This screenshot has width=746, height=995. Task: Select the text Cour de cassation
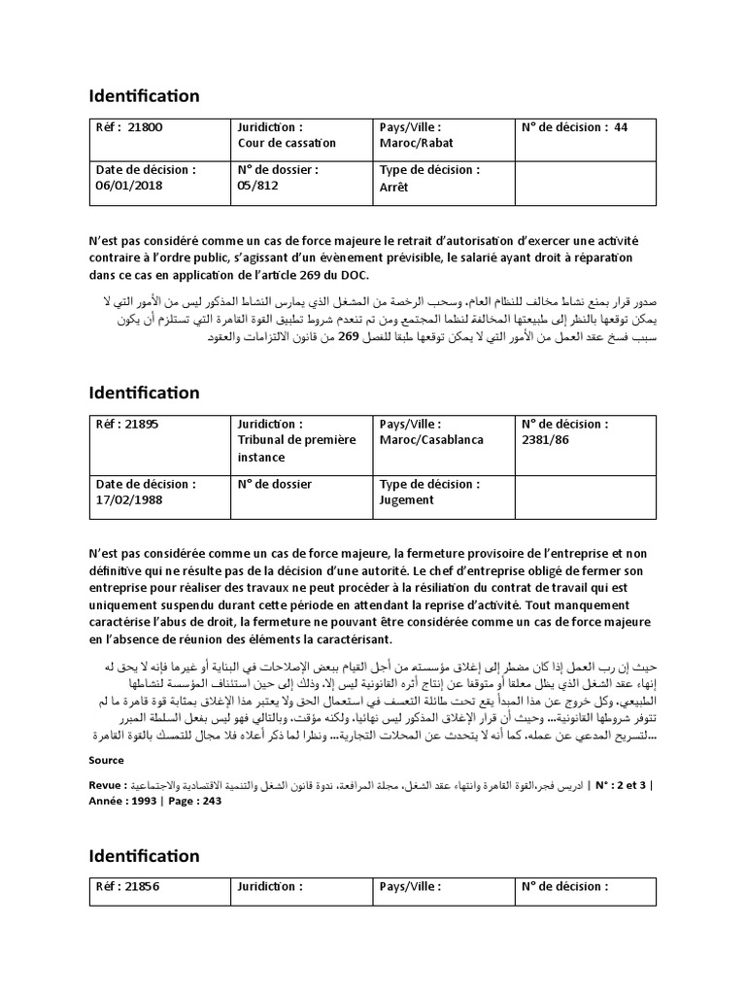coord(287,143)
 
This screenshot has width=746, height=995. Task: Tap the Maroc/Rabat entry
coord(416,143)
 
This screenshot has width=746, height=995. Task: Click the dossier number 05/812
coord(256,187)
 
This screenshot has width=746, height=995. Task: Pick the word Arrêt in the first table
coord(394,187)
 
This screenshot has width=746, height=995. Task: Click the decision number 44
coord(622,126)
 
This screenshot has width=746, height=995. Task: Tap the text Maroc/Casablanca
coord(431,440)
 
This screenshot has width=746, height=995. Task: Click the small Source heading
coord(106,761)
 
